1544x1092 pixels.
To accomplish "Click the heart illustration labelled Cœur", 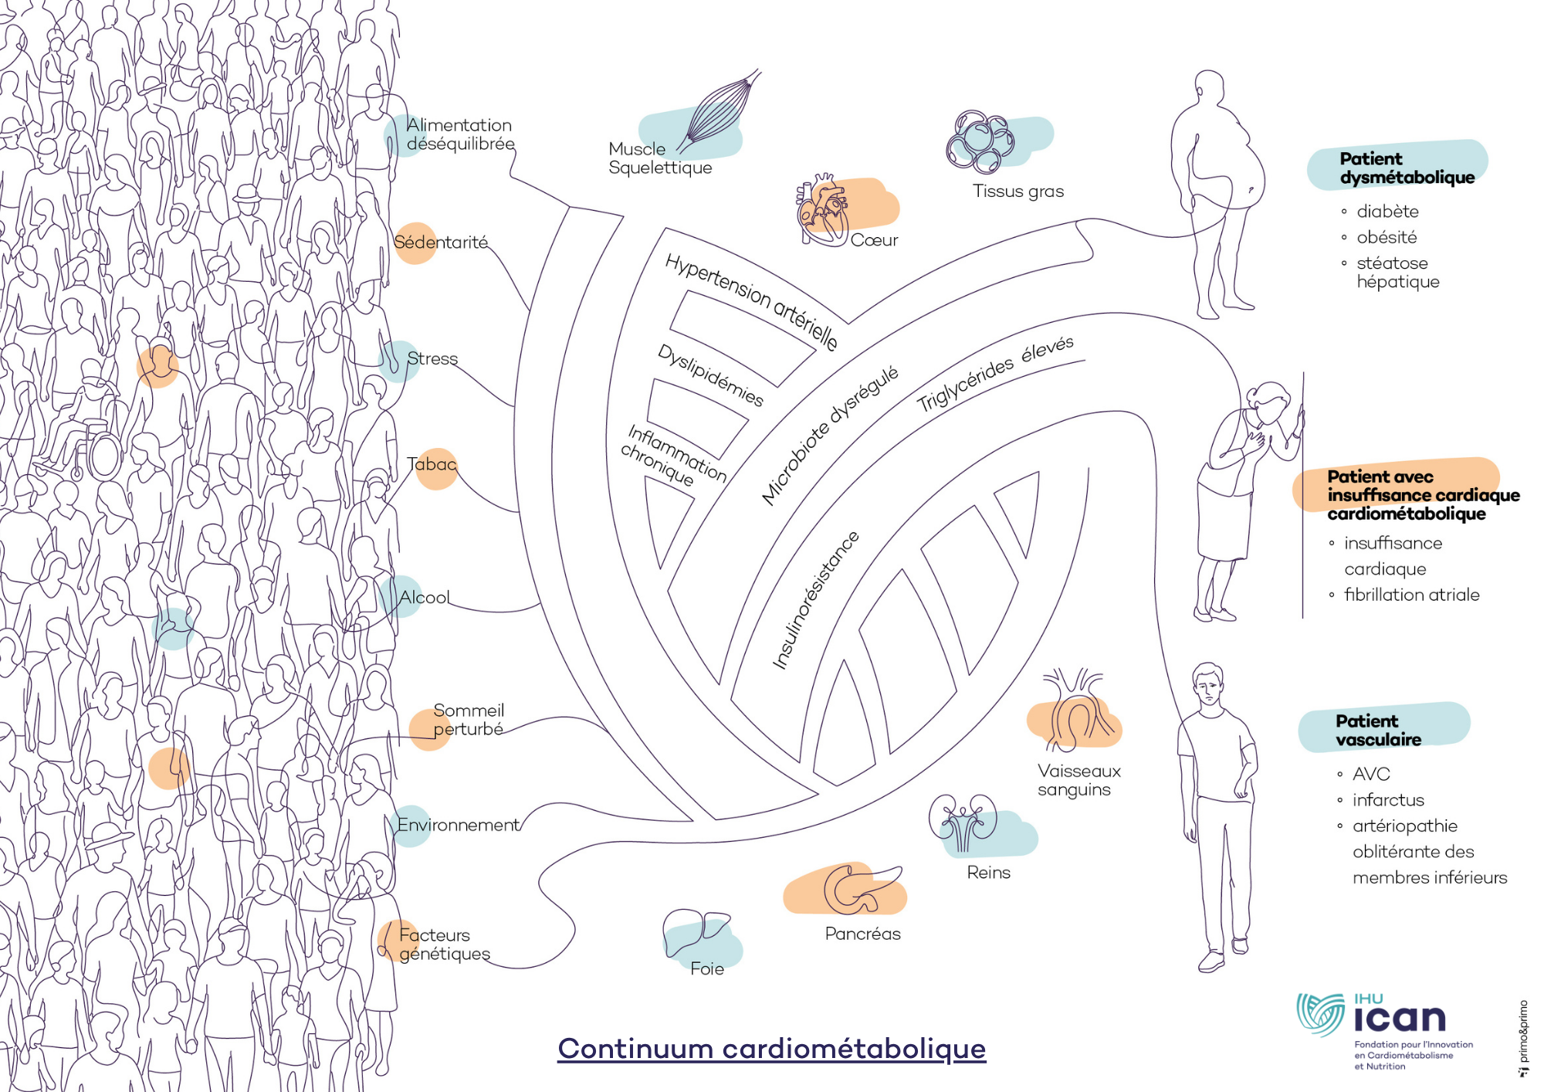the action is point(823,209).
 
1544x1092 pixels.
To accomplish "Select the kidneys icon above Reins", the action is point(963,822).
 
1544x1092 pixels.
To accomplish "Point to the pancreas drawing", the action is point(861,889).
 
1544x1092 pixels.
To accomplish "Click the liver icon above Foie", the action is point(696,931).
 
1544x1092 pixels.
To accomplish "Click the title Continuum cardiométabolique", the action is point(772,1049).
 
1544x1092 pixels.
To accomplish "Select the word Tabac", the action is point(432,464).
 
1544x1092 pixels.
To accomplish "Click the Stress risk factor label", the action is point(432,358).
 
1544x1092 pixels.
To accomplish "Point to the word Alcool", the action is point(425,597).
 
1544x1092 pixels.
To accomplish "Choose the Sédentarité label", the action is point(441,242).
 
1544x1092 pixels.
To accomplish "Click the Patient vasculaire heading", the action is point(1378,730).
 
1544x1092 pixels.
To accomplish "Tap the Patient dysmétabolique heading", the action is point(1407,168).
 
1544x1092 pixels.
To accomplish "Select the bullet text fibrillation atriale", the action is point(1412,595).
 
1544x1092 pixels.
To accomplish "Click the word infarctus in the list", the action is point(1388,800).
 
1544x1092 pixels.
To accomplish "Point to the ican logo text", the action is point(1400,1019).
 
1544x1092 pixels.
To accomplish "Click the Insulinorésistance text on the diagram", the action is point(815,600).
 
